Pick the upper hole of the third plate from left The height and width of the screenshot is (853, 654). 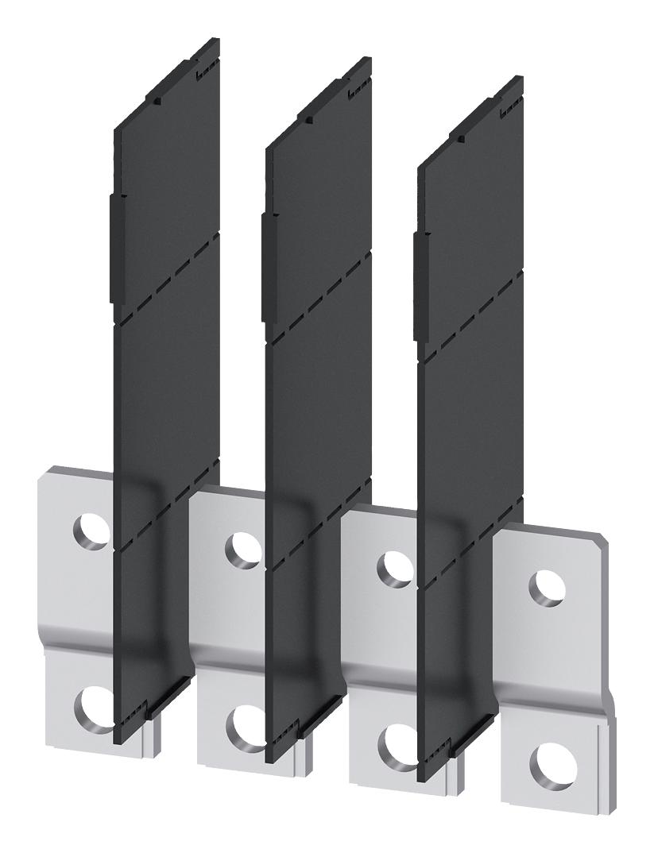393,568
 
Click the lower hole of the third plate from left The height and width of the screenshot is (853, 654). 394,743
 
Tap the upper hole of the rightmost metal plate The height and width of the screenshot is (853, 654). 548,588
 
